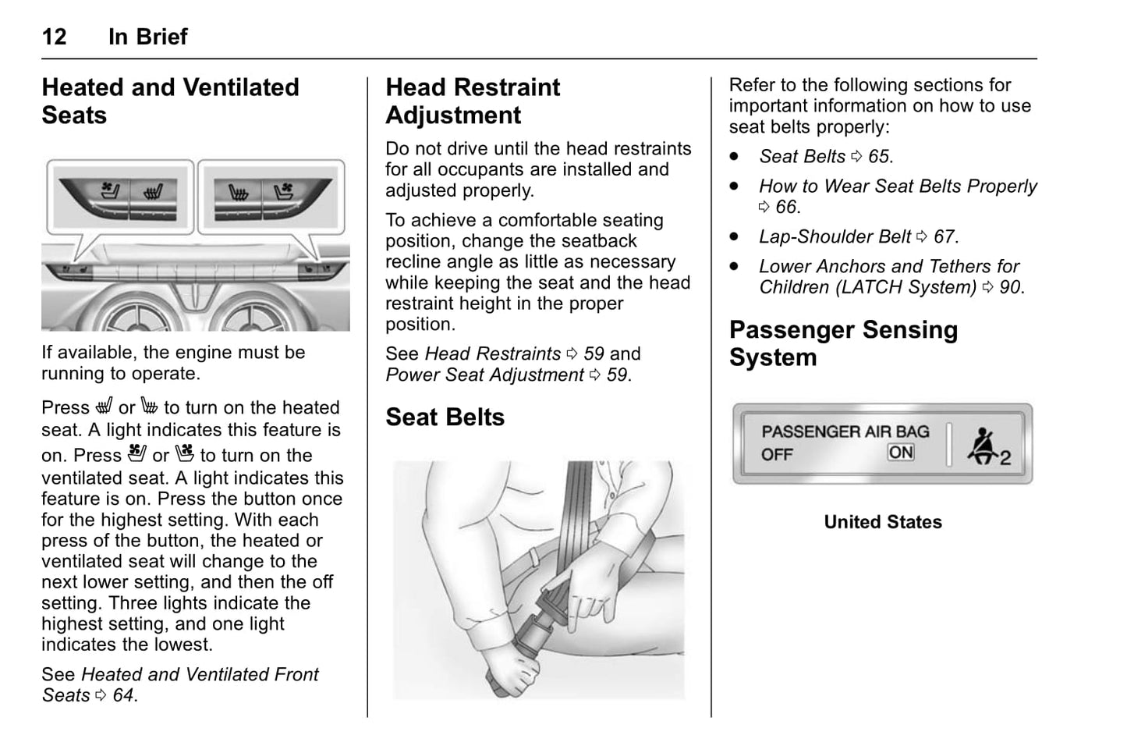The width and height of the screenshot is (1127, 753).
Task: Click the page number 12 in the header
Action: coord(55,37)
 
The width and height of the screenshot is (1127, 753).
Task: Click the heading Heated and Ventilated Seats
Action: coord(170,101)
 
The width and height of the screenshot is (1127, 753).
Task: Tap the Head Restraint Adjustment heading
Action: coord(472,101)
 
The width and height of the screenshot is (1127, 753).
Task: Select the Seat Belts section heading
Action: coord(445,417)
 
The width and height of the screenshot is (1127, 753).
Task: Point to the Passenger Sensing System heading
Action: coord(843,343)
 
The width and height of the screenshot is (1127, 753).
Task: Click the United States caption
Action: coord(882,522)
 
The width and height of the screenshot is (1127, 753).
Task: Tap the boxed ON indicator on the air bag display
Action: coord(901,453)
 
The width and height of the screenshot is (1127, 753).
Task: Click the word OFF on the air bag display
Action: coord(777,454)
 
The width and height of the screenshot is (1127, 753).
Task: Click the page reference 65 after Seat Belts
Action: coord(879,157)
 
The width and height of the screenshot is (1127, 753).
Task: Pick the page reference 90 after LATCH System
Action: coord(1010,287)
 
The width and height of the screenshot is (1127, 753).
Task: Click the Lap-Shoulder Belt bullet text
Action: coord(835,236)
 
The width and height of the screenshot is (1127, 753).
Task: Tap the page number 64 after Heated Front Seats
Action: coord(123,695)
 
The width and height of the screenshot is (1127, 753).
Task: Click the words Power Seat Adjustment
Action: coord(484,375)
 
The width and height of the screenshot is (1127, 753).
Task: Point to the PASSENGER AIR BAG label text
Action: coord(845,432)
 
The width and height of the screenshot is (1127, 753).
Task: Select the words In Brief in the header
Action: coord(147,37)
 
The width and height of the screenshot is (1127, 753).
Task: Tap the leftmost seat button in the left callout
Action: coord(110,191)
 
